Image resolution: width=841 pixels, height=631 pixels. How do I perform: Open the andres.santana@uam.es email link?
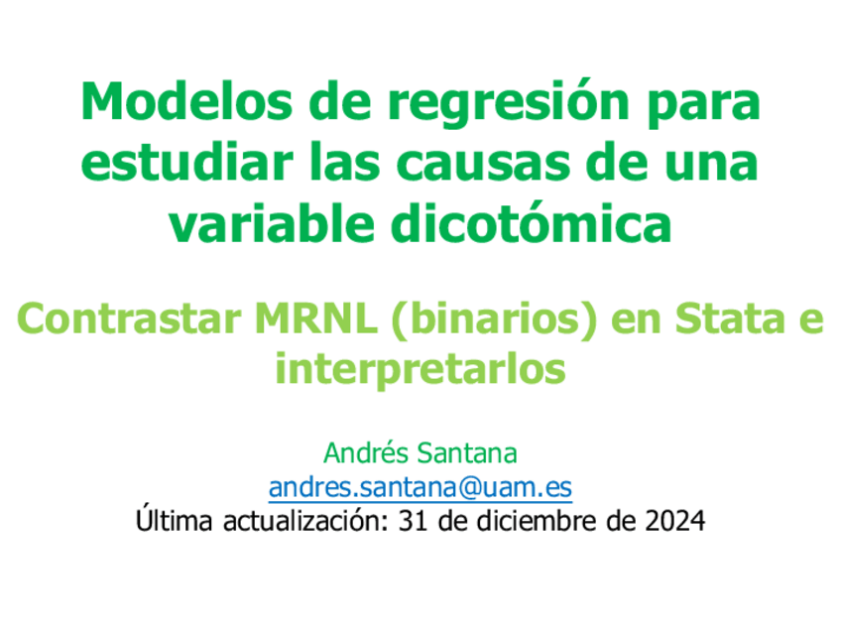pos(420,487)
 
